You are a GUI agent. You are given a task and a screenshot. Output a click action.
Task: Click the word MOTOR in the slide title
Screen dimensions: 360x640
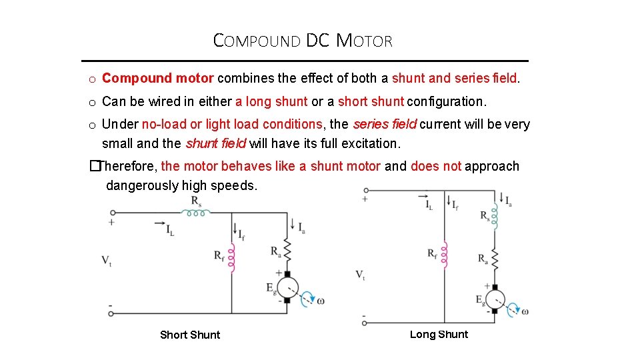(x=365, y=41)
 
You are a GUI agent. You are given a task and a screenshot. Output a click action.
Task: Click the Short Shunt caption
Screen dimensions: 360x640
(x=190, y=335)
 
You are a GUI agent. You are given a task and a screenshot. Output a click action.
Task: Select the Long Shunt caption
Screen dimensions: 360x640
(x=439, y=334)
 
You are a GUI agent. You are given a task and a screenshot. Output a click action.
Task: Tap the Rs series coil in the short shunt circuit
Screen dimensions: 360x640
(x=197, y=213)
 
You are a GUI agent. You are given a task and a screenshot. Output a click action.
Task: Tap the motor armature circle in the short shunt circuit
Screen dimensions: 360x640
(x=287, y=287)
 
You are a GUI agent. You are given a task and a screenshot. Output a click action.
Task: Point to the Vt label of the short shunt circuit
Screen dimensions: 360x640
(x=107, y=260)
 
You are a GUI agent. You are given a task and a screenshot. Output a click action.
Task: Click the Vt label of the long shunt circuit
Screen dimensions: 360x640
(x=361, y=275)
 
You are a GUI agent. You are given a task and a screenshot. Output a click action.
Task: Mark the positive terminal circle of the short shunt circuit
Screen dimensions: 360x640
(x=111, y=213)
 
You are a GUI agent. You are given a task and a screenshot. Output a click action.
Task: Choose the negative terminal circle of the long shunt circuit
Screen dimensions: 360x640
(x=365, y=323)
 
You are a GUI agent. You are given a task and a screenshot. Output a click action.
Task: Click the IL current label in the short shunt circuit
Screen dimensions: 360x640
(x=171, y=231)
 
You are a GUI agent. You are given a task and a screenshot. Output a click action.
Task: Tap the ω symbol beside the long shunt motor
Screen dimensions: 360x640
(x=525, y=311)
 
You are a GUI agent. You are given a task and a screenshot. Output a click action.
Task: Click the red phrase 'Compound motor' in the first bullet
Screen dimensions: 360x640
(x=157, y=78)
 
